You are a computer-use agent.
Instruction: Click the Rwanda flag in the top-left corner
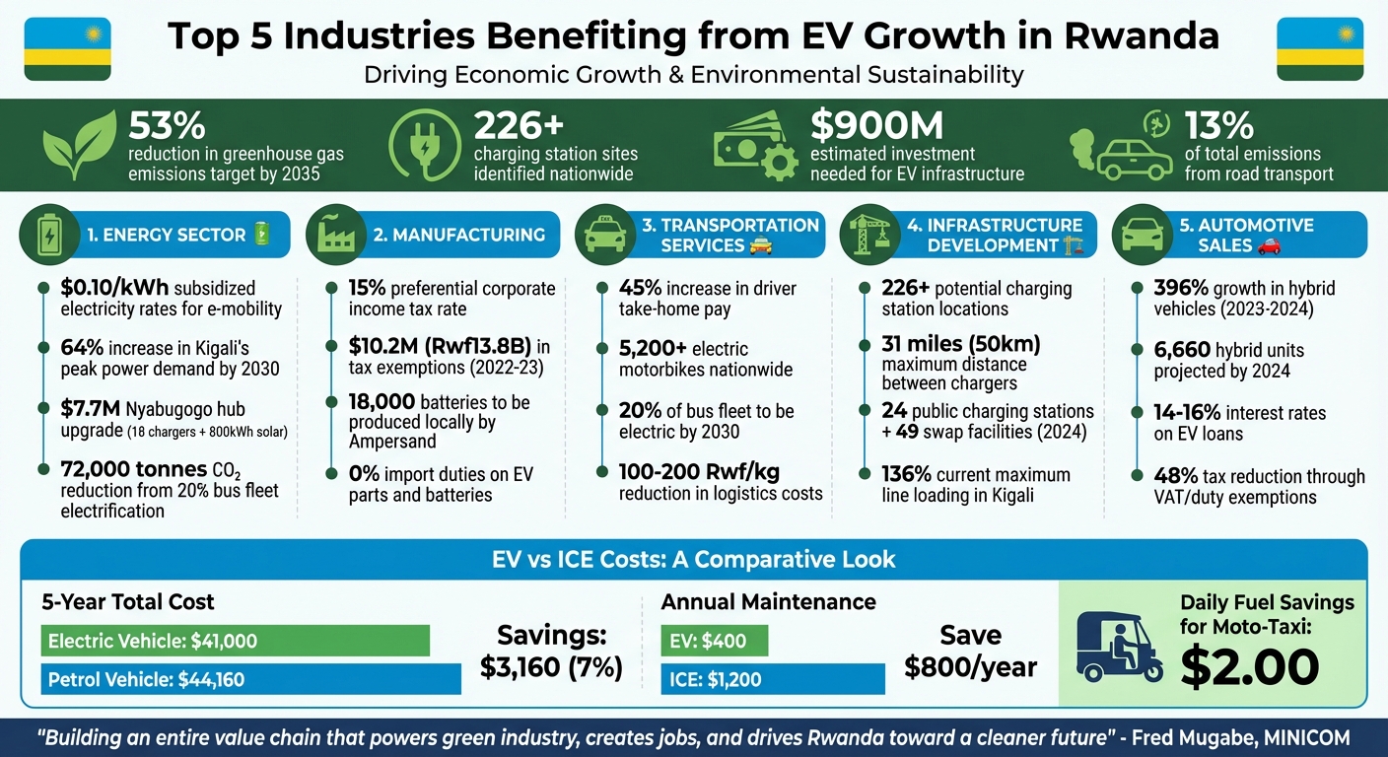pyautogui.click(x=67, y=49)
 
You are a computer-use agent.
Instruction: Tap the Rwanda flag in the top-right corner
pyautogui.click(x=1319, y=49)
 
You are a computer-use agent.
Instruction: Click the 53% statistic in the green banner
pyautogui.click(x=167, y=126)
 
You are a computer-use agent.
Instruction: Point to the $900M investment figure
pyautogui.click(x=876, y=126)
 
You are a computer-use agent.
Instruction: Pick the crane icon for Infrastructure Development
pyautogui.click(x=867, y=235)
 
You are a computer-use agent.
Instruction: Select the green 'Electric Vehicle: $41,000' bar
pyautogui.click(x=235, y=641)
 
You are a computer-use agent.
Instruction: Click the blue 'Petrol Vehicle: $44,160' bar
pyautogui.click(x=250, y=679)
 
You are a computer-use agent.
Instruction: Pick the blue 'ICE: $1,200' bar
pyautogui.click(x=729, y=679)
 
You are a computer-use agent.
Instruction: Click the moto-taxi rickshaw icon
pyautogui.click(x=1116, y=646)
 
